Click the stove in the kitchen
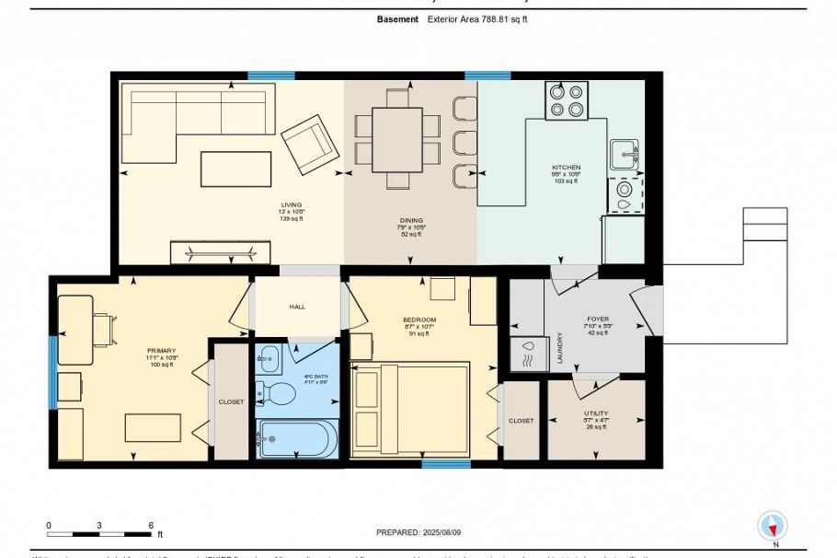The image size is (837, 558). (x=567, y=100)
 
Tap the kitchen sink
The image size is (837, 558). (x=625, y=154)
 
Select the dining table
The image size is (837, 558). (x=397, y=138)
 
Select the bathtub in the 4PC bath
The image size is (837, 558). (x=297, y=438)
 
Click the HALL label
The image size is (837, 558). (x=297, y=307)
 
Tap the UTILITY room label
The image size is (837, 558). (x=595, y=413)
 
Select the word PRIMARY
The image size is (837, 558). (x=160, y=351)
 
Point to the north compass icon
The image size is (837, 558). (x=773, y=527)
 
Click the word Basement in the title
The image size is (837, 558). (x=398, y=18)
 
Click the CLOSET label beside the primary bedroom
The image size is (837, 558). (x=231, y=402)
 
